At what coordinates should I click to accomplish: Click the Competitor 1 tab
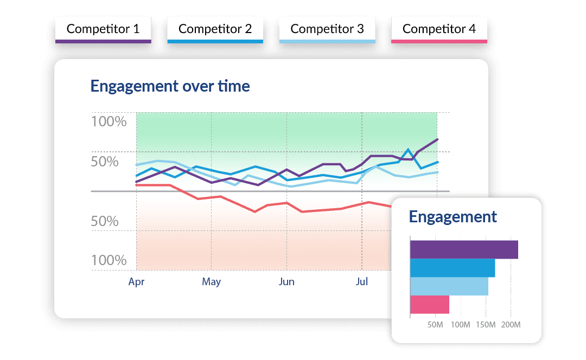pyautogui.click(x=103, y=30)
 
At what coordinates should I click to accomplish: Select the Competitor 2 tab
pyautogui.click(x=215, y=30)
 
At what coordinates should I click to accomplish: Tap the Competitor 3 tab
pyautogui.click(x=327, y=30)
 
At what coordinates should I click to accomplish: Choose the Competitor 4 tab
pyautogui.click(x=439, y=30)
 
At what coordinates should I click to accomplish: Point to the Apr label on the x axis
pyautogui.click(x=136, y=282)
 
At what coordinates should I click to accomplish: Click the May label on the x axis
pyautogui.click(x=211, y=282)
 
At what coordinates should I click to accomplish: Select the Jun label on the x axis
pyautogui.click(x=286, y=282)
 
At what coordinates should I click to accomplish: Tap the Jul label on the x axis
pyautogui.click(x=361, y=282)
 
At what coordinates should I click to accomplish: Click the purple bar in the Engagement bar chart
pyautogui.click(x=464, y=249)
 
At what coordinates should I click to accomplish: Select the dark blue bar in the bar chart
pyautogui.click(x=453, y=268)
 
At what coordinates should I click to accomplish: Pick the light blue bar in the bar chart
pyautogui.click(x=449, y=286)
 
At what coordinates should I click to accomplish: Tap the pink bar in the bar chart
pyautogui.click(x=430, y=305)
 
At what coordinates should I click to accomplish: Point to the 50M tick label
pyautogui.click(x=436, y=325)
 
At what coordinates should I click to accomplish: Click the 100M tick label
pyautogui.click(x=461, y=325)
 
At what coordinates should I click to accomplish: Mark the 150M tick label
pyautogui.click(x=486, y=325)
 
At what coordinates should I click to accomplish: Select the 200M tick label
pyautogui.click(x=511, y=325)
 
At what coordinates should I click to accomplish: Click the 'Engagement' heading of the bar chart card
pyautogui.click(x=453, y=217)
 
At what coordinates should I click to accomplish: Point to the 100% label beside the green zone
pyautogui.click(x=109, y=121)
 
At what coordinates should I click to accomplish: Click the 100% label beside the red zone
pyautogui.click(x=109, y=260)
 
